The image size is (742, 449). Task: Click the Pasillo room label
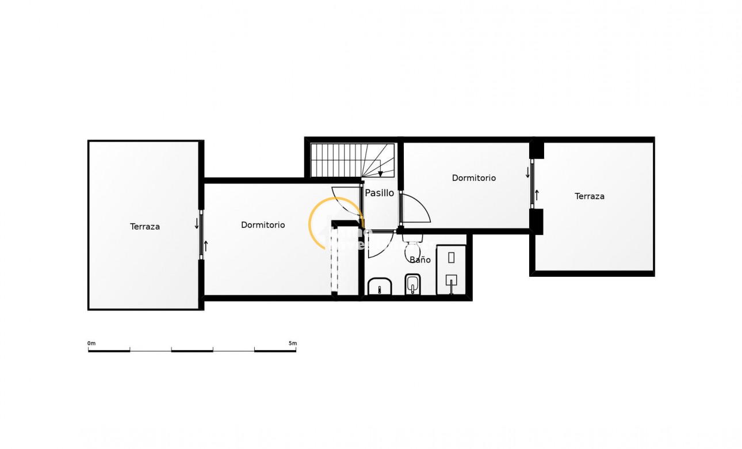tap(380, 193)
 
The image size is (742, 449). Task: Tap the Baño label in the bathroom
tap(420, 260)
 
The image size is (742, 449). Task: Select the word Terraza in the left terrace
tap(145, 227)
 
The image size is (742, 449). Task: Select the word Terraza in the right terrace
tap(590, 196)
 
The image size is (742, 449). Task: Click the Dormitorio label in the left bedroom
tap(263, 225)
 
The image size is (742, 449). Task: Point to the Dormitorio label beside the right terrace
tap(473, 178)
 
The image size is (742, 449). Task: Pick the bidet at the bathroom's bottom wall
tap(412, 284)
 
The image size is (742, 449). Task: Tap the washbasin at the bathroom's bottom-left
tap(379, 287)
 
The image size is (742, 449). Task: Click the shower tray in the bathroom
tap(451, 270)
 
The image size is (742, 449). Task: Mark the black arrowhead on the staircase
tap(380, 174)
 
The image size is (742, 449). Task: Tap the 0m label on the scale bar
tap(91, 344)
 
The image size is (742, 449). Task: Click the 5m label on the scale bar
tap(293, 344)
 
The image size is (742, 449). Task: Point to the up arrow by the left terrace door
tap(206, 246)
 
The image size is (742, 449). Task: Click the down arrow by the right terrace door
tap(527, 172)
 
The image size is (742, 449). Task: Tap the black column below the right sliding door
tap(536, 222)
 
